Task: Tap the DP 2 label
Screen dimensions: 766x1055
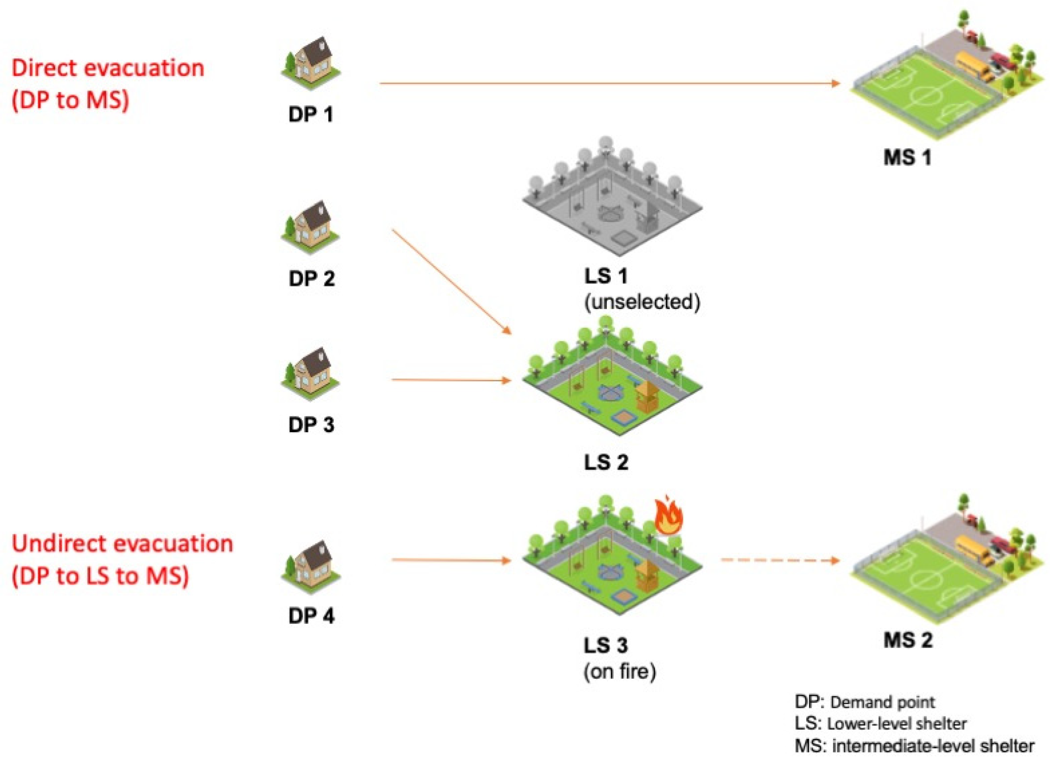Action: pos(311,279)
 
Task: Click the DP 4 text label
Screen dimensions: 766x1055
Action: pos(311,616)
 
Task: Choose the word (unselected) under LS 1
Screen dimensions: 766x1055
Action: pos(642,303)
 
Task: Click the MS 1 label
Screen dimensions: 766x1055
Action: pos(907,157)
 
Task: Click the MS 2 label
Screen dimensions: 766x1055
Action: pos(908,640)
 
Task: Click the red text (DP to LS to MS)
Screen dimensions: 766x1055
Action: pos(100,576)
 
